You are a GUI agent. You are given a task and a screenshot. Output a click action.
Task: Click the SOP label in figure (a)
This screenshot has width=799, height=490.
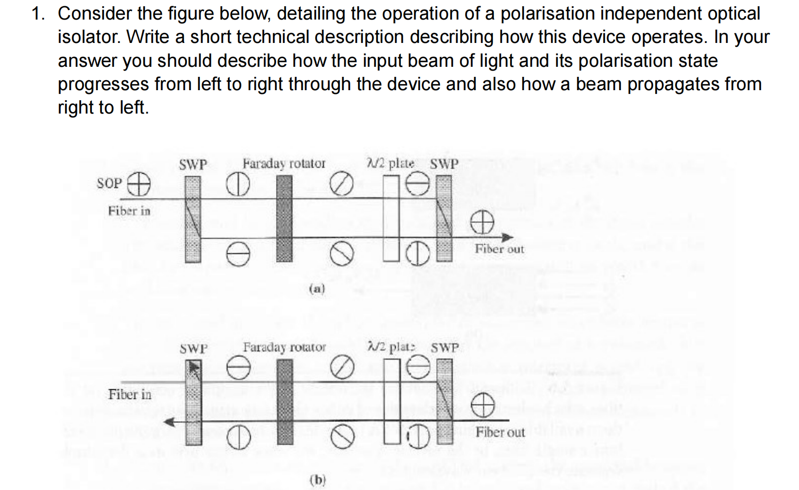tap(109, 183)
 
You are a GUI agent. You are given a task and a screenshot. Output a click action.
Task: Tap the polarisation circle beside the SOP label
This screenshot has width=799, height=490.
tap(138, 184)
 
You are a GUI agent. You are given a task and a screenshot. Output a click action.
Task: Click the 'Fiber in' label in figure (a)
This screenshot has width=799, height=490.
tap(129, 211)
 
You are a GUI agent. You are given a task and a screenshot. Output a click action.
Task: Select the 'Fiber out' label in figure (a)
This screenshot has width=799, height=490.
tap(499, 249)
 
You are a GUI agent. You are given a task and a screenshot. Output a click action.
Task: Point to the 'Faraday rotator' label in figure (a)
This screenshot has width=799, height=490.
tap(284, 164)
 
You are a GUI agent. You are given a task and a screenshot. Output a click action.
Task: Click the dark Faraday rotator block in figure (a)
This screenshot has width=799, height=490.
tap(285, 218)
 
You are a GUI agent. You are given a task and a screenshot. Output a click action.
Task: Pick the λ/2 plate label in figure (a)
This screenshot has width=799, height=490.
tap(390, 164)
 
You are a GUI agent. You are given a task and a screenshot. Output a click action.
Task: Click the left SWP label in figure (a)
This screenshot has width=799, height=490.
tap(193, 165)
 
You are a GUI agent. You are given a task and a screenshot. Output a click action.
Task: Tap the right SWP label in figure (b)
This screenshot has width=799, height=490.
tap(445, 348)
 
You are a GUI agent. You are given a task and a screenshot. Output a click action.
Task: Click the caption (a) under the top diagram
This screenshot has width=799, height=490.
tap(317, 289)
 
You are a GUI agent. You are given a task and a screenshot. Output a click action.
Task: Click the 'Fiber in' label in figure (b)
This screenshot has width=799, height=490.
tap(129, 395)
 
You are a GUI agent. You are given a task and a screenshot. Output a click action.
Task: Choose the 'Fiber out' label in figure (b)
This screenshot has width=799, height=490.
tap(500, 432)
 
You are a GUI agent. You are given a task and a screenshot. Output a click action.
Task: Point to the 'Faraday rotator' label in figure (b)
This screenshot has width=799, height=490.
tap(284, 347)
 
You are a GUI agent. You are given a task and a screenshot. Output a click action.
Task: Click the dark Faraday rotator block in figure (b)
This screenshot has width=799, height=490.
tap(285, 402)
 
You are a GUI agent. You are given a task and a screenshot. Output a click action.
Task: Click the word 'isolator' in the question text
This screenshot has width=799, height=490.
tap(89, 37)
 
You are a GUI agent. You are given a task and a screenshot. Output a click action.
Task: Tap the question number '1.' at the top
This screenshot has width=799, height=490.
tap(39, 13)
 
